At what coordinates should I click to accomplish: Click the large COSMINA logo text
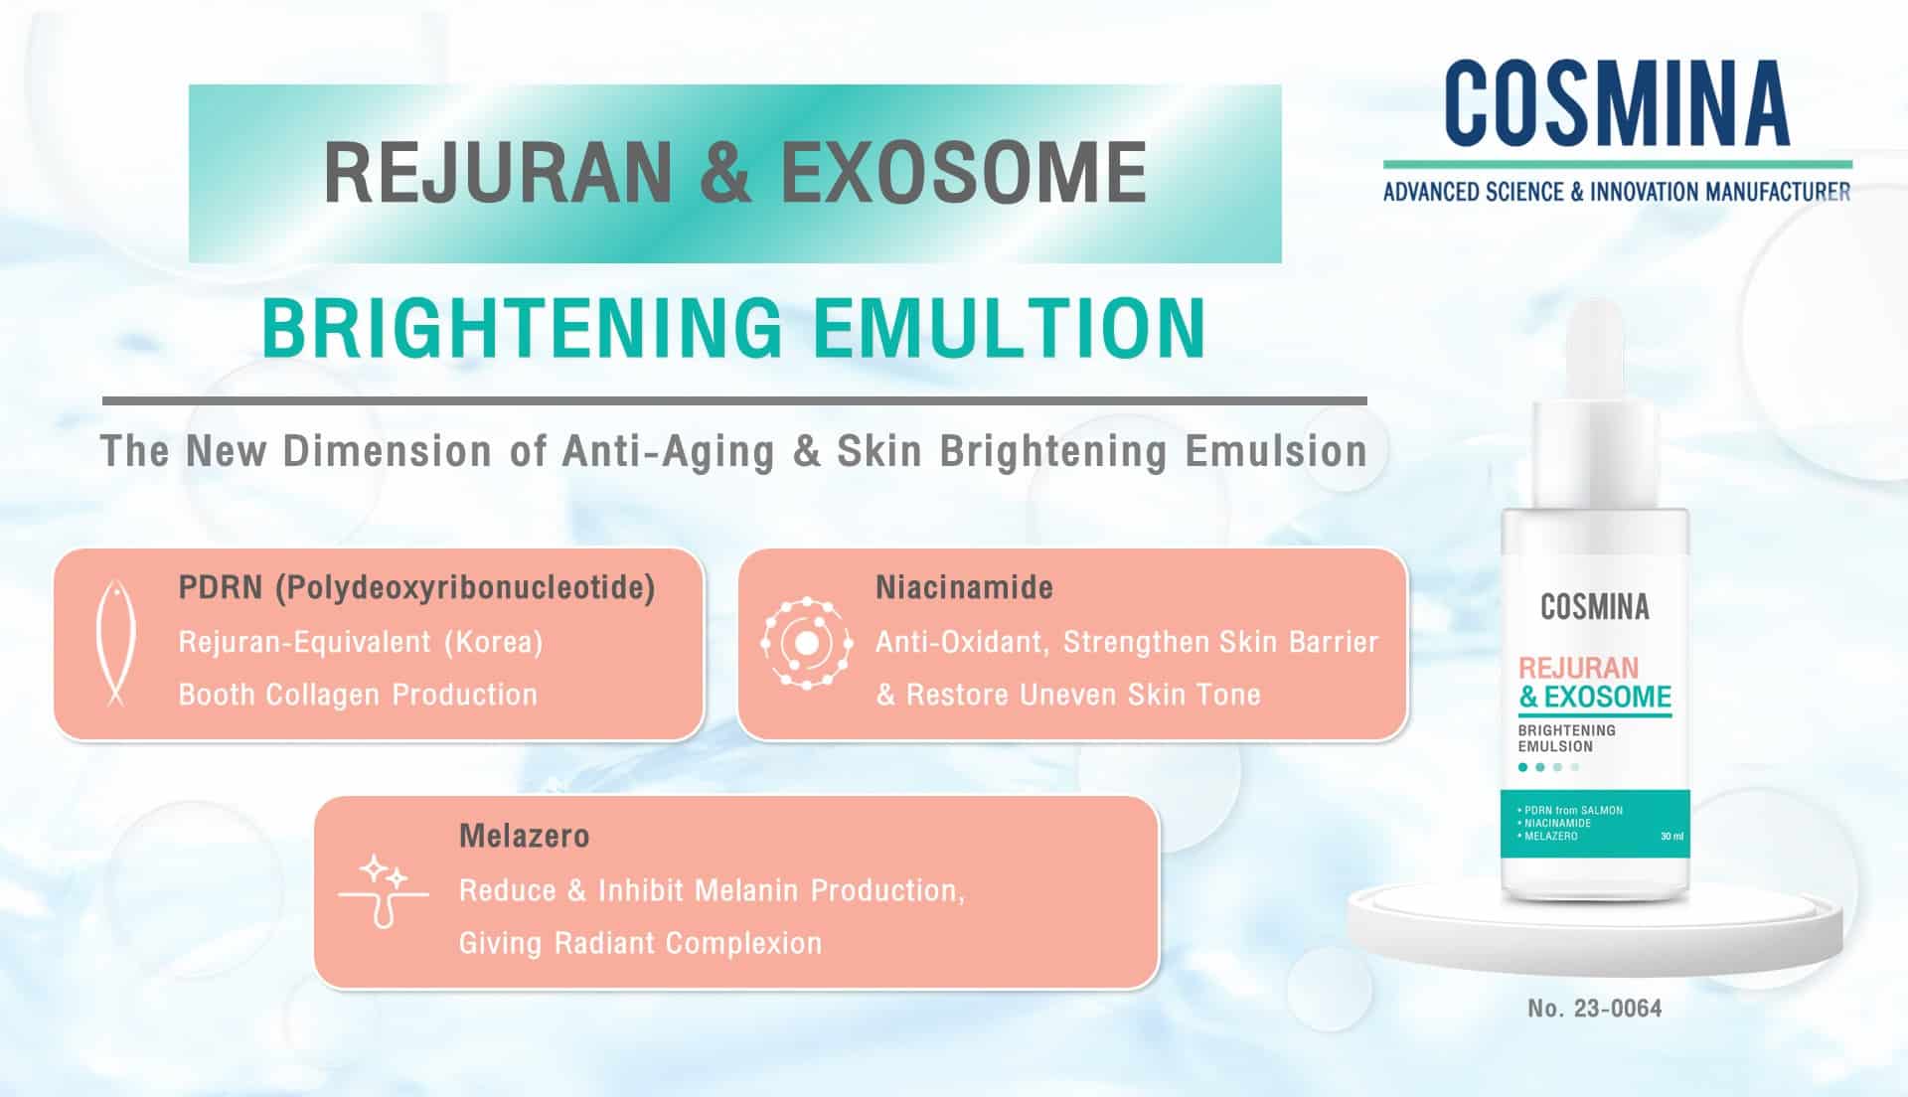point(1617,103)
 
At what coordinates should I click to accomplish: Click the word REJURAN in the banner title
point(497,173)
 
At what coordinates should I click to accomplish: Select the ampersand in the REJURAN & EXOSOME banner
point(725,173)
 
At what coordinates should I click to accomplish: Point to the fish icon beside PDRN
point(115,643)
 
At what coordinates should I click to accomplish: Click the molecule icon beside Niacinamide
point(807,643)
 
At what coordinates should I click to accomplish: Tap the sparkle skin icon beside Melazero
point(384,890)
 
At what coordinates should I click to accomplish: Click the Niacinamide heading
point(964,587)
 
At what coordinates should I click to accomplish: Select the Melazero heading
point(525,836)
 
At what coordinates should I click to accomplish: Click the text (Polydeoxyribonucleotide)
point(465,587)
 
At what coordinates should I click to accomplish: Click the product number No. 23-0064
point(1594,1009)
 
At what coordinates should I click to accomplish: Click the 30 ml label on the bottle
point(1671,837)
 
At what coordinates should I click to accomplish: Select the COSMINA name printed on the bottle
point(1594,607)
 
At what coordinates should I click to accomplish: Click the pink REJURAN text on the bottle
point(1578,668)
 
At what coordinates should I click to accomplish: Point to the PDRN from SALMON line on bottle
point(1573,810)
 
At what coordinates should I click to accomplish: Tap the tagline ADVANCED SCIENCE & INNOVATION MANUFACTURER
point(1617,192)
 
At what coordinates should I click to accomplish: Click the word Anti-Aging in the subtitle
point(668,452)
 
